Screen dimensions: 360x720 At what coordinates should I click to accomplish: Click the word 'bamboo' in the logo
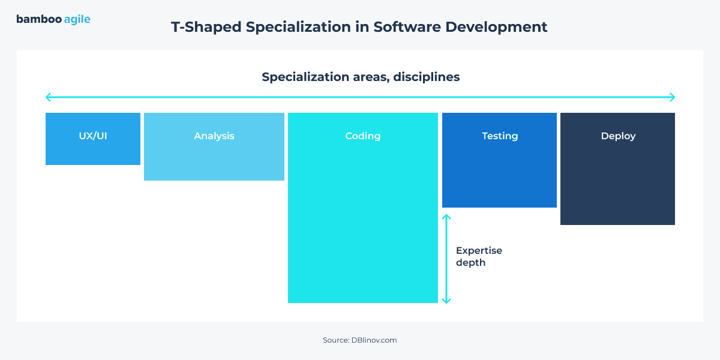[x=38, y=19]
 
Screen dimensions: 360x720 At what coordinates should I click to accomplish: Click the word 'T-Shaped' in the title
[x=202, y=27]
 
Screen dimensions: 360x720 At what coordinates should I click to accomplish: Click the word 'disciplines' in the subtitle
[x=427, y=77]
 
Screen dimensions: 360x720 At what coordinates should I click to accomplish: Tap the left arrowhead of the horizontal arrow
[x=48, y=97]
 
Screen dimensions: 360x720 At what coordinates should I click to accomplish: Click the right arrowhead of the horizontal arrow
[x=673, y=97]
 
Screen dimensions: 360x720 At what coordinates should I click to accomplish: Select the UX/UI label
[x=93, y=136]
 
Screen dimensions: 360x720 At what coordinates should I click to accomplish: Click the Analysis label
[x=214, y=136]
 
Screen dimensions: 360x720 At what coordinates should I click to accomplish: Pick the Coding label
[x=363, y=136]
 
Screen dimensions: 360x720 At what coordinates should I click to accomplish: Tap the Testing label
[x=500, y=136]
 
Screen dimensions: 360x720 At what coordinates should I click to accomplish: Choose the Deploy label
[x=618, y=136]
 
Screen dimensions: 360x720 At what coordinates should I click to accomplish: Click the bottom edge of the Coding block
[x=363, y=302]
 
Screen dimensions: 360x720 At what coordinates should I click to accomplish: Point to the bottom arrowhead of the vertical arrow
[x=446, y=301]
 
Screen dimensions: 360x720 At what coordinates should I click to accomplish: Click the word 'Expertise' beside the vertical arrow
[x=479, y=250]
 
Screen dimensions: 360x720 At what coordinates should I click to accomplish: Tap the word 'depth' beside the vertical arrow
[x=470, y=262]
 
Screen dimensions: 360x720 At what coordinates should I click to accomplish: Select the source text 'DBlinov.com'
[x=374, y=340]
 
